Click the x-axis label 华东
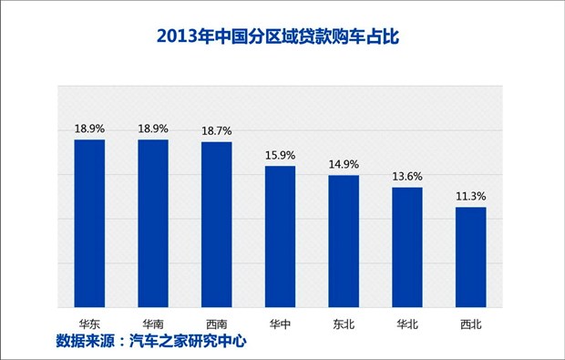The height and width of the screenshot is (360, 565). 89,323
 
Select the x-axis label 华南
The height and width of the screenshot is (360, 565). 153,323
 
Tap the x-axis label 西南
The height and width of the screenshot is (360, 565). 217,323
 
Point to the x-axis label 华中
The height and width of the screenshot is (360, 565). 280,323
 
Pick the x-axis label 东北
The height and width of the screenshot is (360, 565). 344,323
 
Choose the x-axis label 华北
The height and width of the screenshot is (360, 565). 407,323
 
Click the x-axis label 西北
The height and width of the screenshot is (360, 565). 470,323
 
